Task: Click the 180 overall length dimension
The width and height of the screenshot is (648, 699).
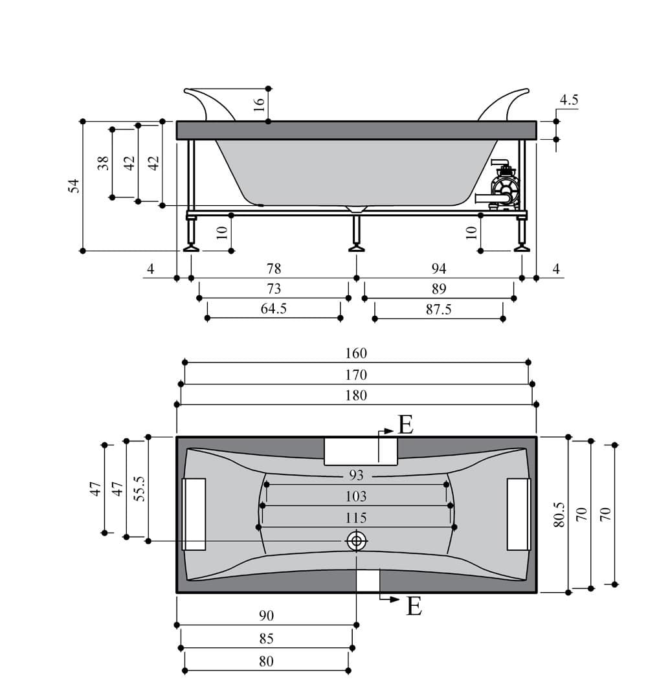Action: (356, 395)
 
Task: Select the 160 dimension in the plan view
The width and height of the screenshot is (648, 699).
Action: (356, 353)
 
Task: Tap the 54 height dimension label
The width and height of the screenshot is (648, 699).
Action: (74, 186)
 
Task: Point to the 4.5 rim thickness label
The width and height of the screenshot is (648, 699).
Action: (569, 100)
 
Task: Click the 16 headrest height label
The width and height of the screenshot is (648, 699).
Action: (259, 105)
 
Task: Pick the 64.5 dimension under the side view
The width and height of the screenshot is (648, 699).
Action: (273, 309)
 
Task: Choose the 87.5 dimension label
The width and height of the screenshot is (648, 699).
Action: (438, 309)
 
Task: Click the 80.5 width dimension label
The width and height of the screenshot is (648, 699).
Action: (559, 515)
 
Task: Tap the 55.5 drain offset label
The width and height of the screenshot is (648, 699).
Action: (140, 489)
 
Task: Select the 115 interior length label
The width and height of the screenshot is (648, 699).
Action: (356, 518)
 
